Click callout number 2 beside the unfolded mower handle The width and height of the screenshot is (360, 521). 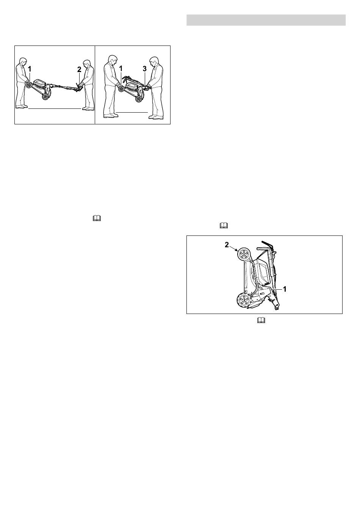pyautogui.click(x=79, y=69)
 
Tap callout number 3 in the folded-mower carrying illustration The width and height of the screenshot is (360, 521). pyautogui.click(x=145, y=69)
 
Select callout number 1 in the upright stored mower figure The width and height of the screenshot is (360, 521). pyautogui.click(x=285, y=289)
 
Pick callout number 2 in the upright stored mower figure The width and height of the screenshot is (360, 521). pyautogui.click(x=227, y=245)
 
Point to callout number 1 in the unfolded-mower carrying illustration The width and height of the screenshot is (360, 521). pyautogui.click(x=30, y=69)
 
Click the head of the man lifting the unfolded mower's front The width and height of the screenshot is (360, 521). pyautogui.click(x=23, y=62)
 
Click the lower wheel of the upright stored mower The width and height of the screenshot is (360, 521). pyautogui.click(x=243, y=300)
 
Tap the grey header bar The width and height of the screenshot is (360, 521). pyautogui.click(x=266, y=20)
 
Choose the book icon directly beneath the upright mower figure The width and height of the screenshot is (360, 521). pyautogui.click(x=261, y=320)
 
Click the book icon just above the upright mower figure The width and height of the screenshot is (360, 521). pyautogui.click(x=224, y=225)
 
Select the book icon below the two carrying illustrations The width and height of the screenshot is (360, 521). pyautogui.click(x=97, y=218)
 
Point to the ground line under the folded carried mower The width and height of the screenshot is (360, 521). pyautogui.click(x=132, y=113)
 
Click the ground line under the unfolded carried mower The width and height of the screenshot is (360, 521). pyautogui.click(x=55, y=108)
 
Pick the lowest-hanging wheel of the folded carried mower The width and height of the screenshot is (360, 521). pyautogui.click(x=139, y=99)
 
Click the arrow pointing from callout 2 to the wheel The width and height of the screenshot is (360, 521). pyautogui.click(x=233, y=249)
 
